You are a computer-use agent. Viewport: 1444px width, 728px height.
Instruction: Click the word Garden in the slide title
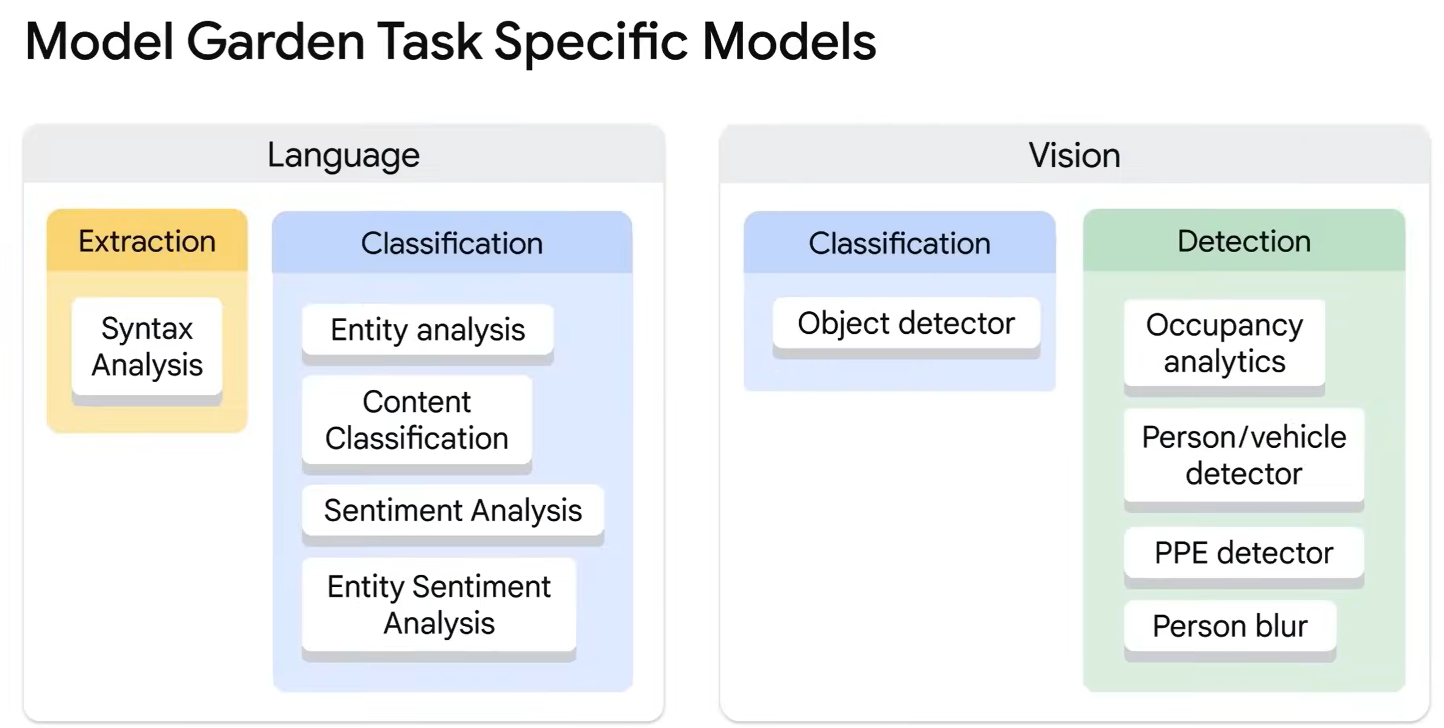[x=275, y=42]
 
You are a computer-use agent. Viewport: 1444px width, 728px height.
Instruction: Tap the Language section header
[x=343, y=155]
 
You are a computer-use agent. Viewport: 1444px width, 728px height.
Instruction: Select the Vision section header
[x=1074, y=155]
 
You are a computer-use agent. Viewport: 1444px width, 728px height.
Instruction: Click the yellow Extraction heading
[x=147, y=241]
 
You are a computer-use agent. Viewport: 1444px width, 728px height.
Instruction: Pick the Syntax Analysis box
[x=147, y=346]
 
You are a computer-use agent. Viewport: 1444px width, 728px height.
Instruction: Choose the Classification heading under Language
[x=452, y=243]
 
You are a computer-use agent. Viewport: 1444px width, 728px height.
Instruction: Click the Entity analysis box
[x=428, y=330]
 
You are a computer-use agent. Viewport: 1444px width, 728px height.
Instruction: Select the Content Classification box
[x=417, y=420]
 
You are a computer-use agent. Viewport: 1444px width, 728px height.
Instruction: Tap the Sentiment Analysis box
[x=453, y=510]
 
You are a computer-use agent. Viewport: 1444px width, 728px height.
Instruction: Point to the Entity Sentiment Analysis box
[x=439, y=605]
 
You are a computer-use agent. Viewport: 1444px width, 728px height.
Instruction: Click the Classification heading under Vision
[x=899, y=243]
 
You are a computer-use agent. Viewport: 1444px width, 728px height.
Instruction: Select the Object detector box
[x=906, y=323]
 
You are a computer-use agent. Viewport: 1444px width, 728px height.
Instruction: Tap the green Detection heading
[x=1244, y=241]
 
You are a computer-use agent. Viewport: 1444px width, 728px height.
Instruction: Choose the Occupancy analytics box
[x=1224, y=343]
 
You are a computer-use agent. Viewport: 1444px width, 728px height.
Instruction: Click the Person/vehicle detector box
[x=1244, y=455]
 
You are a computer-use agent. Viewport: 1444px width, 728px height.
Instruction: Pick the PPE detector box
[x=1244, y=553]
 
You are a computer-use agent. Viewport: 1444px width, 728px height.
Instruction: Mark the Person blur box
[x=1230, y=626]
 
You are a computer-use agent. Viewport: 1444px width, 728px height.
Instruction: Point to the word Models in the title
[x=789, y=42]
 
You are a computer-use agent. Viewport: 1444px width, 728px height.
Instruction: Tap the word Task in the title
[x=429, y=42]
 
